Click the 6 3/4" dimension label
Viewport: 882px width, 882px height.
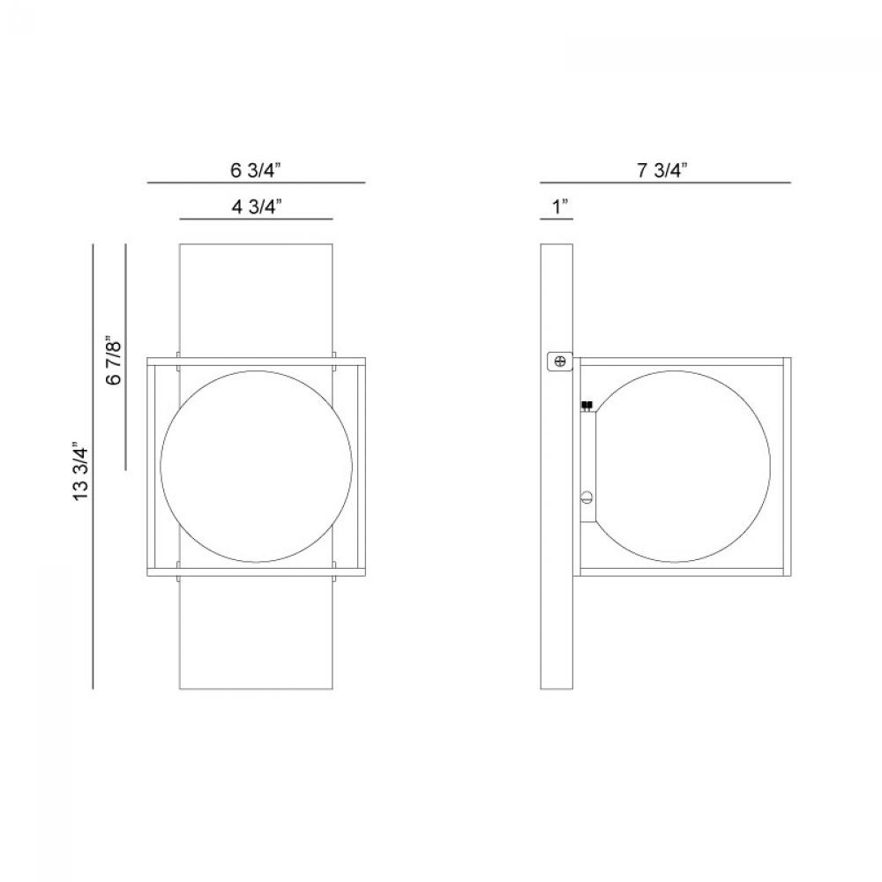[256, 170]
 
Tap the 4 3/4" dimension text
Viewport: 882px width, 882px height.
[257, 206]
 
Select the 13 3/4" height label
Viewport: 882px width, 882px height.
[81, 471]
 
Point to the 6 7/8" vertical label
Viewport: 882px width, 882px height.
[113, 361]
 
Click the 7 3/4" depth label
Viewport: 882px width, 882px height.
[662, 170]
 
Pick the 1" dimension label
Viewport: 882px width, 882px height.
[560, 206]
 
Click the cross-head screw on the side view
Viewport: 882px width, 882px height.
[560, 361]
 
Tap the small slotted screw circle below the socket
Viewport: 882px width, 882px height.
[587, 497]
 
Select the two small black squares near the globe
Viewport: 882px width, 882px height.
[587, 405]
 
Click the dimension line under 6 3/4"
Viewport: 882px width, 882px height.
[257, 183]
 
